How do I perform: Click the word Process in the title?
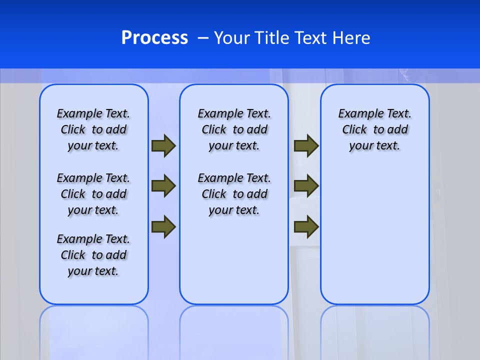pyautogui.click(x=154, y=38)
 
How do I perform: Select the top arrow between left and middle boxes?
pyautogui.click(x=163, y=146)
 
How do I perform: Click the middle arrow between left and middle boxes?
pyautogui.click(x=163, y=186)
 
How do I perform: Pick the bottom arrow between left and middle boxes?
pyautogui.click(x=163, y=226)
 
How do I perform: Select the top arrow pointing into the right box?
pyautogui.click(x=306, y=146)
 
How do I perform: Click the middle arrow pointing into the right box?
pyautogui.click(x=306, y=186)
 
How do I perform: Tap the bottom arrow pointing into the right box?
pyautogui.click(x=306, y=226)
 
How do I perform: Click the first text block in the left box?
pyautogui.click(x=93, y=129)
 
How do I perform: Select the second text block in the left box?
pyautogui.click(x=93, y=194)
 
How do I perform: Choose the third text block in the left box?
pyautogui.click(x=93, y=255)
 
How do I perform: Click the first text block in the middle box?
pyautogui.click(x=234, y=129)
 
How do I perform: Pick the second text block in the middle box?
pyautogui.click(x=234, y=194)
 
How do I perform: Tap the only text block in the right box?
pyautogui.click(x=374, y=129)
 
